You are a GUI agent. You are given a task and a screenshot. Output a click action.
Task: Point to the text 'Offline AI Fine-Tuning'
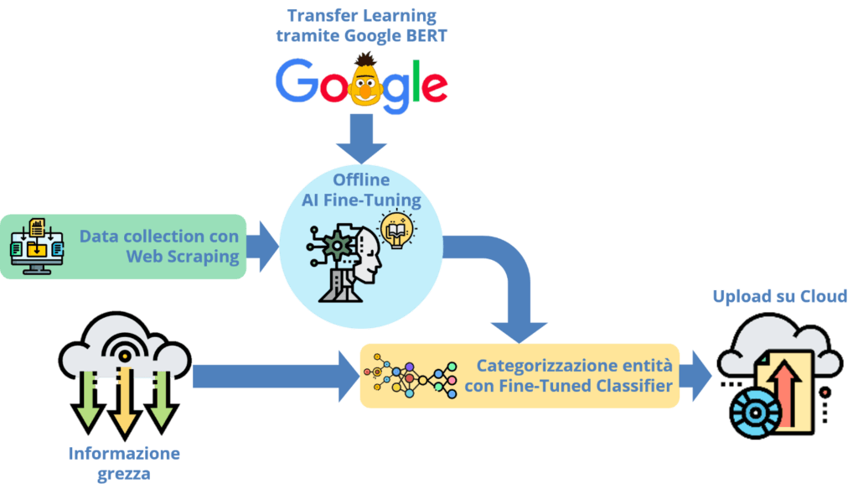pos(361,190)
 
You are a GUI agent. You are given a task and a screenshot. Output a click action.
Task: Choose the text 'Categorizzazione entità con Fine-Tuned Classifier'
pos(574,375)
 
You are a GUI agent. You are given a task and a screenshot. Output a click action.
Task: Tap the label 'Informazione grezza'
pos(124,462)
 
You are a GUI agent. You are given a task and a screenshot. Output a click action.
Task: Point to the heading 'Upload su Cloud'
pos(779,296)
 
